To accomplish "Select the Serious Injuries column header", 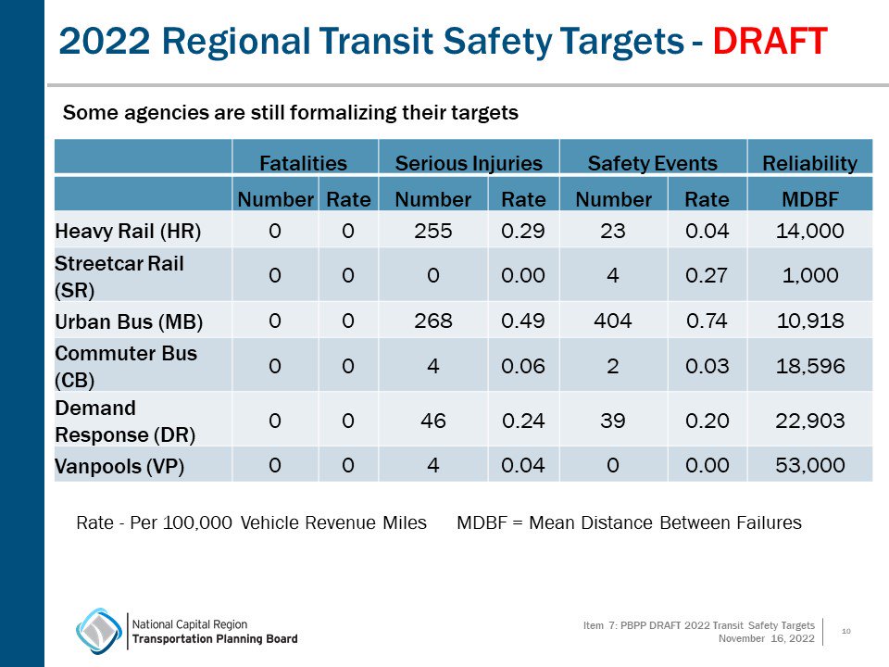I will click(x=468, y=164).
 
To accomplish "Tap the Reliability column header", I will click(x=809, y=164).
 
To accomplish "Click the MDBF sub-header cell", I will click(x=809, y=199).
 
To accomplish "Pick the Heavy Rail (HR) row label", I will click(x=128, y=230).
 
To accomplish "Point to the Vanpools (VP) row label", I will click(x=119, y=466).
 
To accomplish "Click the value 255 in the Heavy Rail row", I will click(x=433, y=230).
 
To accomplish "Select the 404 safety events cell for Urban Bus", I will click(x=613, y=321).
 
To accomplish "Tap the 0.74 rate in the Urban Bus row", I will click(x=707, y=321).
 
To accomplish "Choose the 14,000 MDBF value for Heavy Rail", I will click(x=809, y=230).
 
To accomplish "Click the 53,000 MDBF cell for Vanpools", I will click(x=809, y=465).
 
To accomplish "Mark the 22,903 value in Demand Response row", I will click(x=809, y=421).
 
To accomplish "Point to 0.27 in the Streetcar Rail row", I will click(x=707, y=275).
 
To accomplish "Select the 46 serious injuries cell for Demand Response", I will click(x=433, y=421).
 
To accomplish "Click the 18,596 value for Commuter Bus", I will click(x=809, y=366).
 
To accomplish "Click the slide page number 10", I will click(x=845, y=631).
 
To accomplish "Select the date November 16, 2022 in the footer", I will click(x=766, y=638).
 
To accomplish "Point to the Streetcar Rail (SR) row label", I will click(x=119, y=275).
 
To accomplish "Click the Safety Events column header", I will click(x=652, y=164).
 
